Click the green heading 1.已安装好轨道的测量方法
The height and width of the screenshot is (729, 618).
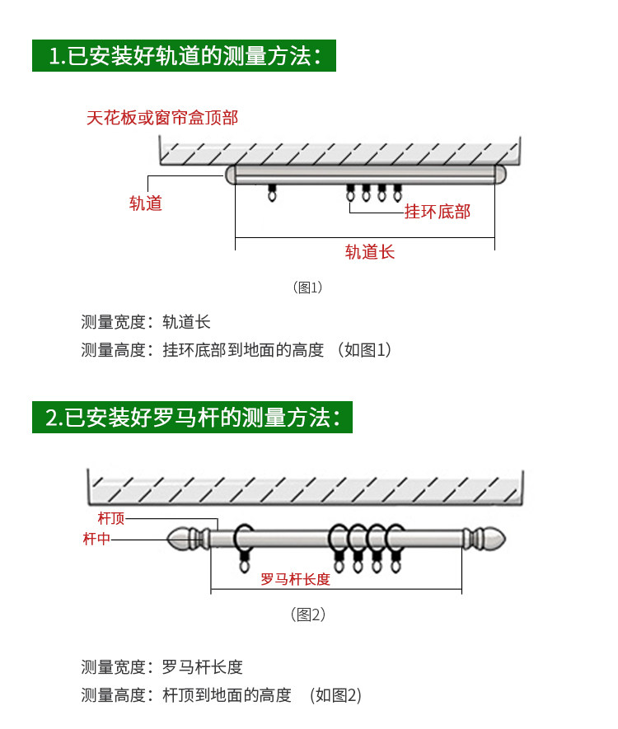(x=185, y=57)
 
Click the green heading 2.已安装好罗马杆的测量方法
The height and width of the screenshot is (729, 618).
(x=192, y=418)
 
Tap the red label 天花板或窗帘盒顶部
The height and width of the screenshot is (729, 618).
(x=162, y=118)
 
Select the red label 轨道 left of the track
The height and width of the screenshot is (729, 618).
(x=146, y=203)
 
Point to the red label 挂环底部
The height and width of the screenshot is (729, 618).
(x=437, y=212)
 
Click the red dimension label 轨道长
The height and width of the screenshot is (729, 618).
(x=370, y=252)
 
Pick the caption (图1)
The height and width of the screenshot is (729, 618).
(x=307, y=287)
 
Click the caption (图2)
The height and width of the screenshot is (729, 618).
(x=308, y=615)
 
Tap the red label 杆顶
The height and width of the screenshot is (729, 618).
(x=111, y=518)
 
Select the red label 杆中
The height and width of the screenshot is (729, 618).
(x=96, y=539)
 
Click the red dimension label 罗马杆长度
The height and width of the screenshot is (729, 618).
(x=295, y=579)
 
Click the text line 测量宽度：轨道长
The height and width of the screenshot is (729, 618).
(x=146, y=322)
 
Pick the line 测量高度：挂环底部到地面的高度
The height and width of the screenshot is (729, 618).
(x=236, y=350)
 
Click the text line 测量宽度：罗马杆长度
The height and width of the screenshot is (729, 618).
(x=162, y=667)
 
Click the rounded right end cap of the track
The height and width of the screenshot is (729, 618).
(x=499, y=174)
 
